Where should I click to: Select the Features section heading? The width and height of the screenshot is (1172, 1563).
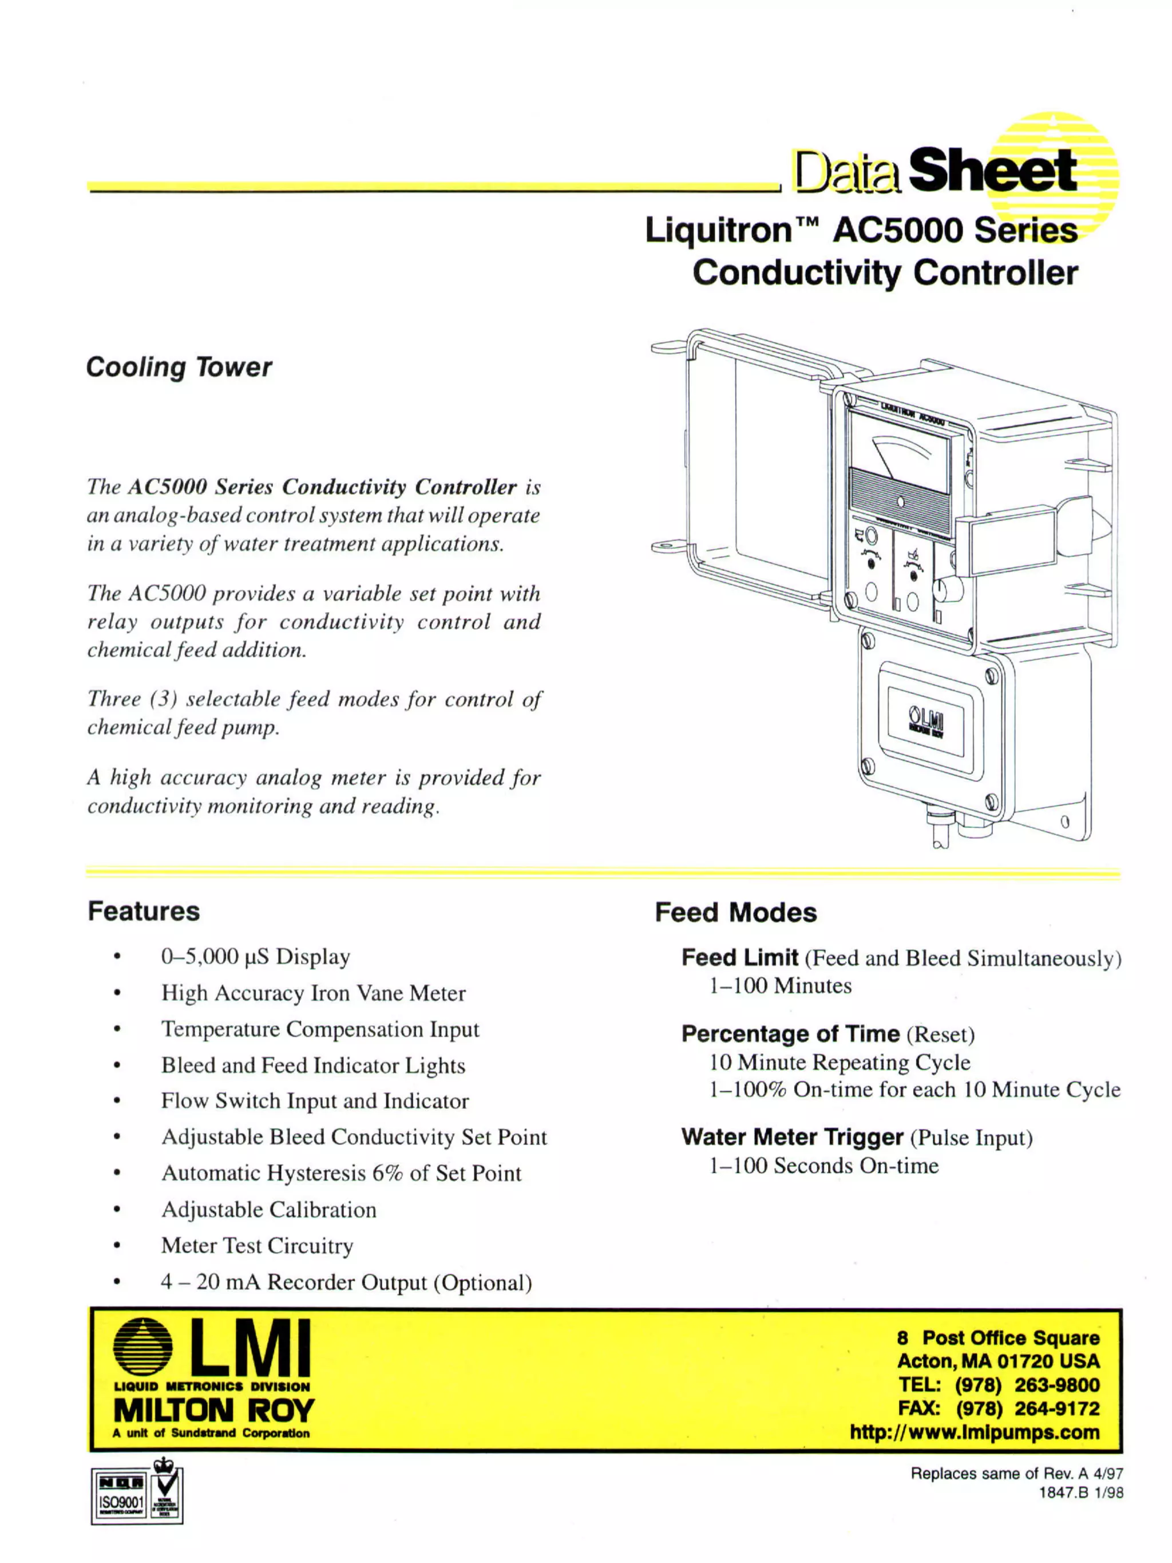(144, 911)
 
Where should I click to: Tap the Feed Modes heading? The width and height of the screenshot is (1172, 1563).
(735, 912)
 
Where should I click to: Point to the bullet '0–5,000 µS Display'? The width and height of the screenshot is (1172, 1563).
(255, 957)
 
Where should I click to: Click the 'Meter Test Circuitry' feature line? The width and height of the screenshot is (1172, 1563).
(256, 1245)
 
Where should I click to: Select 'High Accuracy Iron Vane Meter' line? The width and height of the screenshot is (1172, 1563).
(313, 993)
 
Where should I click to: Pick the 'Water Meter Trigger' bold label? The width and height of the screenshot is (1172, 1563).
(792, 1137)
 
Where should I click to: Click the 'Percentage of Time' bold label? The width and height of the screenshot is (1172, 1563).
(790, 1034)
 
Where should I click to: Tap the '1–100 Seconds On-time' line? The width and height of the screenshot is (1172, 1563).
(823, 1165)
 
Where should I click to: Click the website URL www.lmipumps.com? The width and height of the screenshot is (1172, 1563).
(975, 1432)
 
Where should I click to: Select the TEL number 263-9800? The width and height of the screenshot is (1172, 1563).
(1057, 1385)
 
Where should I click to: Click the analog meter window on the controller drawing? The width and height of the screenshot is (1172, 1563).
(898, 455)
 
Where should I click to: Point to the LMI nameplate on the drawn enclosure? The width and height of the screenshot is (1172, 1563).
(925, 725)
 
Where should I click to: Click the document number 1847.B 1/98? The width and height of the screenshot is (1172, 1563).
(1080, 1493)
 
